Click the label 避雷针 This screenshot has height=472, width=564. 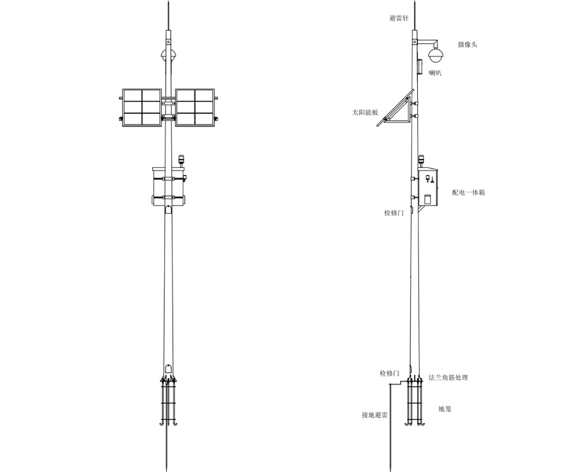(399, 19)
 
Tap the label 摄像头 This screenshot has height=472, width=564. (468, 45)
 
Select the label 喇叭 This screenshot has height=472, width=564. (435, 73)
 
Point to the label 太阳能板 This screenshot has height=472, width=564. (365, 113)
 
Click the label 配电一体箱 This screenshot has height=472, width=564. (469, 192)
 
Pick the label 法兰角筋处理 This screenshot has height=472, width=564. (448, 378)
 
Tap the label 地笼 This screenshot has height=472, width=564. (445, 409)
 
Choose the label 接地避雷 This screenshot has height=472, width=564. (375, 415)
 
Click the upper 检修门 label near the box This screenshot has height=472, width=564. (394, 213)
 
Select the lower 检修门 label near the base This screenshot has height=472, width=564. (390, 373)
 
